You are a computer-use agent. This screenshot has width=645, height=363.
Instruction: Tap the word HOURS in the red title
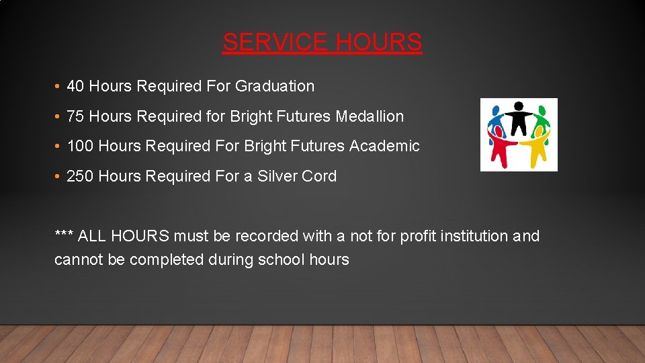(x=379, y=42)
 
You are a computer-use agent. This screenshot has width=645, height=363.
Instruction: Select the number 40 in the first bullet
(x=75, y=86)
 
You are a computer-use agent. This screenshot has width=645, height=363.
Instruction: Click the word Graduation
(x=275, y=86)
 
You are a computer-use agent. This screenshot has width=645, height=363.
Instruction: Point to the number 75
(x=75, y=116)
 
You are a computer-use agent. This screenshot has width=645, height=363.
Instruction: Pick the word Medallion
(x=370, y=116)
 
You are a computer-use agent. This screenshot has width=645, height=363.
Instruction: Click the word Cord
(x=320, y=176)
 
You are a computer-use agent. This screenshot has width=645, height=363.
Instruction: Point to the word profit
(x=419, y=236)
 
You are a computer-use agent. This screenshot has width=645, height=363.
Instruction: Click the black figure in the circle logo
(x=519, y=118)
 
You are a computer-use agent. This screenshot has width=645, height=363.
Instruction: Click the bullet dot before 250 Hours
(x=58, y=176)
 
